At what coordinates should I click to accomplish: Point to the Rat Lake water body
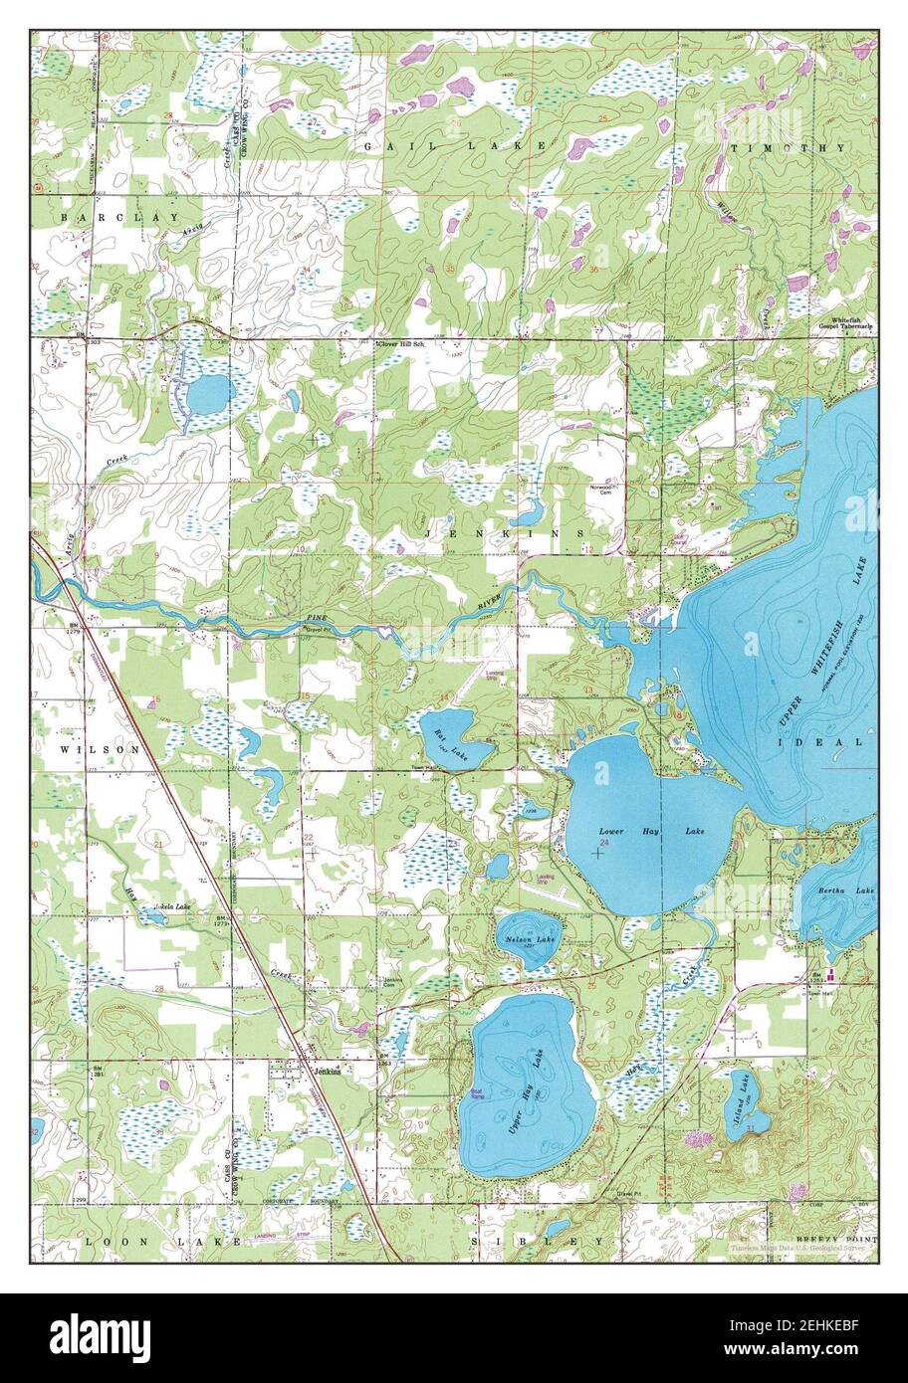[x=453, y=736]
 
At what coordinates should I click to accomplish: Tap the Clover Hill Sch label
[x=404, y=343]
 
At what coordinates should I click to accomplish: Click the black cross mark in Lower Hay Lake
[x=597, y=853]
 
